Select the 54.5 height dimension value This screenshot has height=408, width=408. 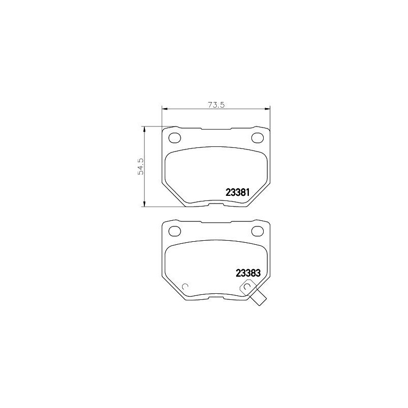(141, 167)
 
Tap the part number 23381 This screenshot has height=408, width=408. (237, 193)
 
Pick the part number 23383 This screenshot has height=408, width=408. (248, 273)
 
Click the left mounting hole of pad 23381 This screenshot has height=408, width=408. (175, 138)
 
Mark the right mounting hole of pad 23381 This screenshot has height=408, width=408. (258, 138)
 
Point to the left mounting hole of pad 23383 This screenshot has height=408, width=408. (175, 231)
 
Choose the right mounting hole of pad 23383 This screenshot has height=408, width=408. (258, 231)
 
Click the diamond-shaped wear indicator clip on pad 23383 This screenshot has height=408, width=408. (248, 289)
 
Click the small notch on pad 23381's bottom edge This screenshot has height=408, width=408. (216, 204)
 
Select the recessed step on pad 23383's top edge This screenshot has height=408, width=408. (216, 222)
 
